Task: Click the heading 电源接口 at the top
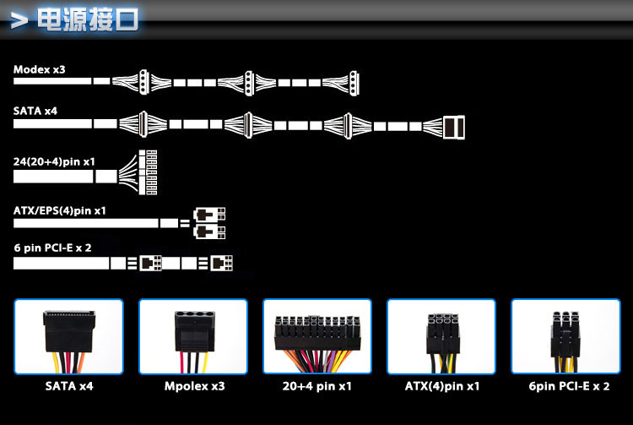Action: coord(88,19)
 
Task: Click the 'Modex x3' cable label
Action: coord(39,69)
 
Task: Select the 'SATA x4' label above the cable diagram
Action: coord(35,111)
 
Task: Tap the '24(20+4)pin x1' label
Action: coord(54,161)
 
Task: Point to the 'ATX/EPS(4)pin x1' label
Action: coord(59,210)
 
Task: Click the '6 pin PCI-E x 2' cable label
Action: coord(52,248)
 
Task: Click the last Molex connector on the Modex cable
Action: coord(354,83)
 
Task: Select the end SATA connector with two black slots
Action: coord(454,128)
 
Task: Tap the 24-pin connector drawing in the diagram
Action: coord(148,172)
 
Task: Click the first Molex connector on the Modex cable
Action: coord(144,83)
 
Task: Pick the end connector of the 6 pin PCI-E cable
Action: coord(221,263)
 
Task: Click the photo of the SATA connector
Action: coord(68,336)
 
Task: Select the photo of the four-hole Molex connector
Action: coord(193,336)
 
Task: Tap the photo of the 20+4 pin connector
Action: coord(317,336)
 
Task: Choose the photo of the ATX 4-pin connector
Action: coord(441,336)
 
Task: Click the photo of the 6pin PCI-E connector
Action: coord(565,336)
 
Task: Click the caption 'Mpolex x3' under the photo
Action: coord(195,386)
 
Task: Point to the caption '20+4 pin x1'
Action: coord(316,386)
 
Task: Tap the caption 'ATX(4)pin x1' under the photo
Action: coord(442,386)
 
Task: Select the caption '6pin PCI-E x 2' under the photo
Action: coord(569,386)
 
